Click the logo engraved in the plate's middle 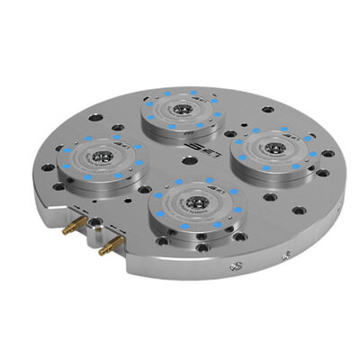coord(190,159)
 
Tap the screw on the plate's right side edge coord(238,266)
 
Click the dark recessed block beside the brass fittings coord(90,236)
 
